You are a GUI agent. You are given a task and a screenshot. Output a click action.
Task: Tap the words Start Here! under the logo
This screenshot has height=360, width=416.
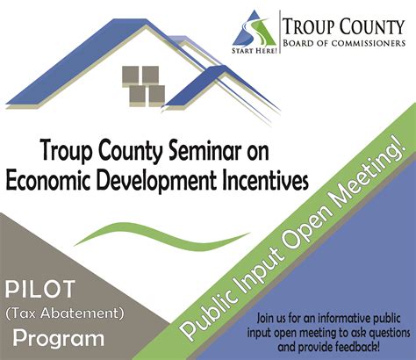255,51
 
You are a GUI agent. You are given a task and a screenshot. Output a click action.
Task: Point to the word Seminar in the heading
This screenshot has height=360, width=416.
202,151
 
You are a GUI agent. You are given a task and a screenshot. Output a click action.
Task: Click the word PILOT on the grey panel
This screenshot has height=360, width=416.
40,289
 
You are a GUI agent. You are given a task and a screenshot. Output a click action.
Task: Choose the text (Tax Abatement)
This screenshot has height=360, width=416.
65,313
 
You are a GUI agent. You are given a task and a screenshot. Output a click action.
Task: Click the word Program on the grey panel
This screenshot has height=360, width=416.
59,338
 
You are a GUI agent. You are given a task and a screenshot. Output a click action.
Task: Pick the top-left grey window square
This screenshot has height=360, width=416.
130,75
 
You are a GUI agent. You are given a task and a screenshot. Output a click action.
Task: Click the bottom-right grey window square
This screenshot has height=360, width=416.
156,94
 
